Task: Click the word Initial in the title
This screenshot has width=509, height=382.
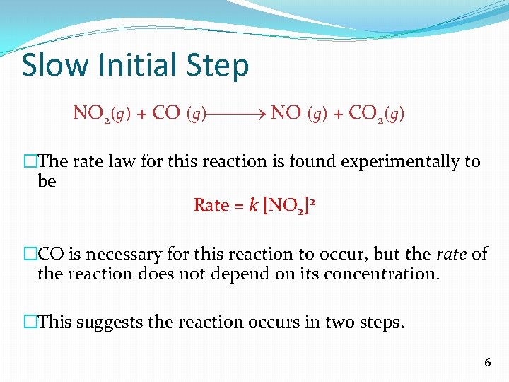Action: [131, 65]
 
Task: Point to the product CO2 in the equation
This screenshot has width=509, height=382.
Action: [366, 113]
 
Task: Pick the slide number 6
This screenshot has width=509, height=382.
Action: [487, 362]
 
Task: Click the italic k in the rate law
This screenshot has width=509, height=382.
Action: [253, 205]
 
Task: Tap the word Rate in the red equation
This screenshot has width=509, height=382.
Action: [211, 205]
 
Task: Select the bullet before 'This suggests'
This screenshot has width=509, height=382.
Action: [30, 323]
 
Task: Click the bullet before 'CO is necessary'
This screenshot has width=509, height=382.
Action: [30, 254]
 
